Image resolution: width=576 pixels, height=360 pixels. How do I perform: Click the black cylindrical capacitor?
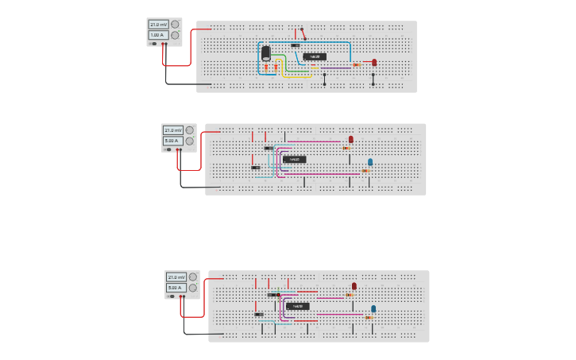266,53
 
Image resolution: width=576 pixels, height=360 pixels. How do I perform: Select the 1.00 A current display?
158,35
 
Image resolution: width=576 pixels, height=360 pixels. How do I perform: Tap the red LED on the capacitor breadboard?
374,62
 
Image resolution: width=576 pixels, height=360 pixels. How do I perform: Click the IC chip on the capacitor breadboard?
315,56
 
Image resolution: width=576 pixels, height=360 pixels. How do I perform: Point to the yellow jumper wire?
302,76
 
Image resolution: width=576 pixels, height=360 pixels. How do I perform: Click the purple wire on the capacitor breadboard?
334,68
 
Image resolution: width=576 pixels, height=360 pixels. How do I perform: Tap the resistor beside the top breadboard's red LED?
357,64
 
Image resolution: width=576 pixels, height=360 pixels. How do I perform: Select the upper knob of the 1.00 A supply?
174,25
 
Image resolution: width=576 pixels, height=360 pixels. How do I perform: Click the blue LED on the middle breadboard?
370,162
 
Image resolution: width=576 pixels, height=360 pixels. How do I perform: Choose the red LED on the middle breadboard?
351,139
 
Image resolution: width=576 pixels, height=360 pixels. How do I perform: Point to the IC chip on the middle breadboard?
294,159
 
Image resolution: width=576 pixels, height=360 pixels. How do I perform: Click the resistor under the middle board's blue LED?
365,170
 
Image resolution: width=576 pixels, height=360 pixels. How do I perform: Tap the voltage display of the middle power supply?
172,130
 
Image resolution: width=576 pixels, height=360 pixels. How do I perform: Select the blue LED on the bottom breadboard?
373,309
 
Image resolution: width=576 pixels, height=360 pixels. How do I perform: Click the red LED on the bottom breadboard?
354,286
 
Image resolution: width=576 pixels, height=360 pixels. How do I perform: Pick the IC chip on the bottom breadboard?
297,306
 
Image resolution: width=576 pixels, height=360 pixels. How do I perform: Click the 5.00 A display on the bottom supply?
175,288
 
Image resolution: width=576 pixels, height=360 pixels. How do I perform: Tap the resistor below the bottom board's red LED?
350,295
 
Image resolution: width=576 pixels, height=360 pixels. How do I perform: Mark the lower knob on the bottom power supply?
192,288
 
